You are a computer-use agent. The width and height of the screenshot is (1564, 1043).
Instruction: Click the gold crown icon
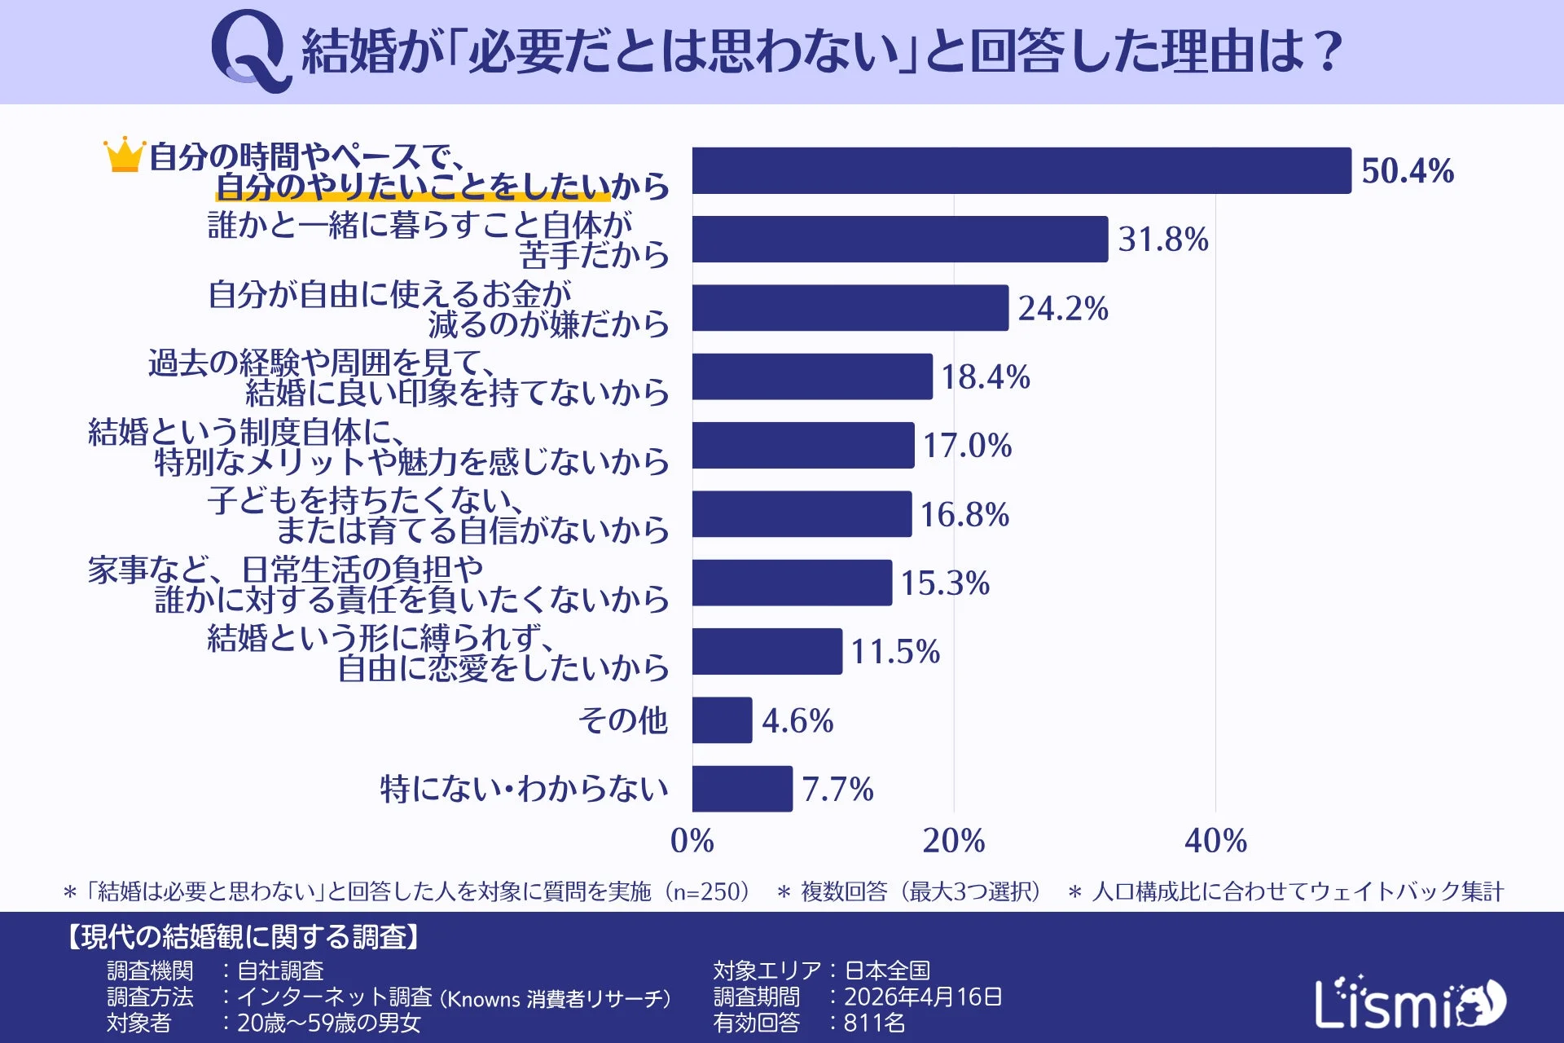click(x=125, y=155)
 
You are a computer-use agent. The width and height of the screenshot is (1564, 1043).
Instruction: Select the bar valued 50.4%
click(x=1021, y=171)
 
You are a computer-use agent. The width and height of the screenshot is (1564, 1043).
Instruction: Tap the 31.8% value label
click(x=1162, y=240)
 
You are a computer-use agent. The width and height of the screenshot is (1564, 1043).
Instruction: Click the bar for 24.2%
click(x=850, y=308)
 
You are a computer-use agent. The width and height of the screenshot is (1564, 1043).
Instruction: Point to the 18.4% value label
click(x=986, y=377)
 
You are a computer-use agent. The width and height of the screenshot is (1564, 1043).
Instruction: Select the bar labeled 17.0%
click(x=803, y=446)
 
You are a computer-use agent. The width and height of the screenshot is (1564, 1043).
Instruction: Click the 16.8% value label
click(x=964, y=515)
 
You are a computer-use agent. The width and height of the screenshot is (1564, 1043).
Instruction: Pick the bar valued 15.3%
click(x=792, y=583)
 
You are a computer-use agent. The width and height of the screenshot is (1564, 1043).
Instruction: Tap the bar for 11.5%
click(x=767, y=652)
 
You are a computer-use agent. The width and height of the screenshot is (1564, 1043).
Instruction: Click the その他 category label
click(x=623, y=720)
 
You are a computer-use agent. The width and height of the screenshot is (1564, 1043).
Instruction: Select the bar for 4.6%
click(x=723, y=720)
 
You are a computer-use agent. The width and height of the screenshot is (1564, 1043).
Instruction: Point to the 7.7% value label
click(x=837, y=790)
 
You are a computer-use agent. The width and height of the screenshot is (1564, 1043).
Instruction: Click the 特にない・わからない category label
click(x=525, y=789)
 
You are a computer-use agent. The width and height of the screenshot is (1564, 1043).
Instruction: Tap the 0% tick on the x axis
click(x=692, y=841)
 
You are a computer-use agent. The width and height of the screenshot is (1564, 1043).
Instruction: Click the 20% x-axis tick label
click(x=954, y=841)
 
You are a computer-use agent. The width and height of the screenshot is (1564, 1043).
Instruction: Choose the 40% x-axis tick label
click(x=1215, y=841)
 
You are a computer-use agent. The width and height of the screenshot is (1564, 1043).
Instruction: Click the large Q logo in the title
click(x=250, y=51)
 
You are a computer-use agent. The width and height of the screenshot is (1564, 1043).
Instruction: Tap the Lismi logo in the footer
click(x=1410, y=1002)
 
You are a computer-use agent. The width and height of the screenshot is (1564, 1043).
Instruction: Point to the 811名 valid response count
click(x=874, y=1023)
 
